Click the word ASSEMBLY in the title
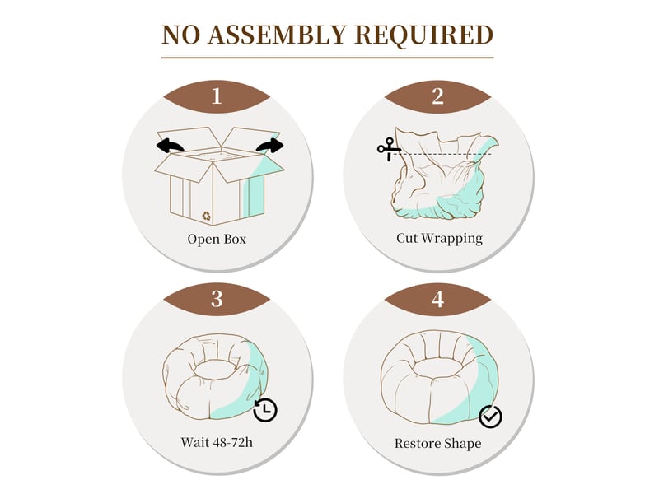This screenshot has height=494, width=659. [277, 35]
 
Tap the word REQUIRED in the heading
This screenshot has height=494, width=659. [423, 35]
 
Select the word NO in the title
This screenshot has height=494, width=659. [180, 35]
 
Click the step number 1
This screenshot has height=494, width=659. [217, 96]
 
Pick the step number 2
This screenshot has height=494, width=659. [437, 96]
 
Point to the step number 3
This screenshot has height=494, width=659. [217, 299]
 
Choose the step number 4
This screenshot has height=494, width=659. [437, 299]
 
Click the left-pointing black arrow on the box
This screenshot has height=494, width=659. [170, 146]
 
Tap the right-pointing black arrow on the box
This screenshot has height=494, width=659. [270, 146]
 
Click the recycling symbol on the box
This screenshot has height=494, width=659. [206, 216]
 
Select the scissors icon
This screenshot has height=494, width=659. [388, 149]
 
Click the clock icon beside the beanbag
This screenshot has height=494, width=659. [265, 410]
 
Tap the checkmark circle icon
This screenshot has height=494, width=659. [490, 417]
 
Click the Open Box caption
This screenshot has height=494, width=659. [217, 239]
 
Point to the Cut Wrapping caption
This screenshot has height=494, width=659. [439, 238]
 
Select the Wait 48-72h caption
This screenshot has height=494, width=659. [217, 442]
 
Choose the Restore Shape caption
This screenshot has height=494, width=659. [437, 444]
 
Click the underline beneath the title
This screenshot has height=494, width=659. [327, 58]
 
